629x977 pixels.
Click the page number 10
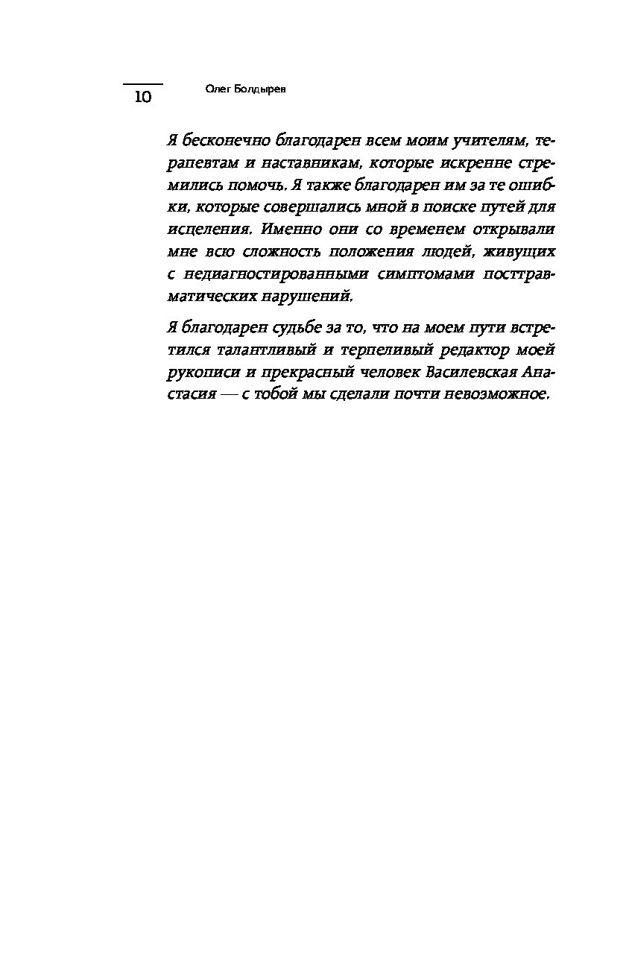142,98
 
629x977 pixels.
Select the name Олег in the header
217,89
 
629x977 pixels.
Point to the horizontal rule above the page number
142,84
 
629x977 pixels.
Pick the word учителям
485,140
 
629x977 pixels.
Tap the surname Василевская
457,373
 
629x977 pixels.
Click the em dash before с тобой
225,395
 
